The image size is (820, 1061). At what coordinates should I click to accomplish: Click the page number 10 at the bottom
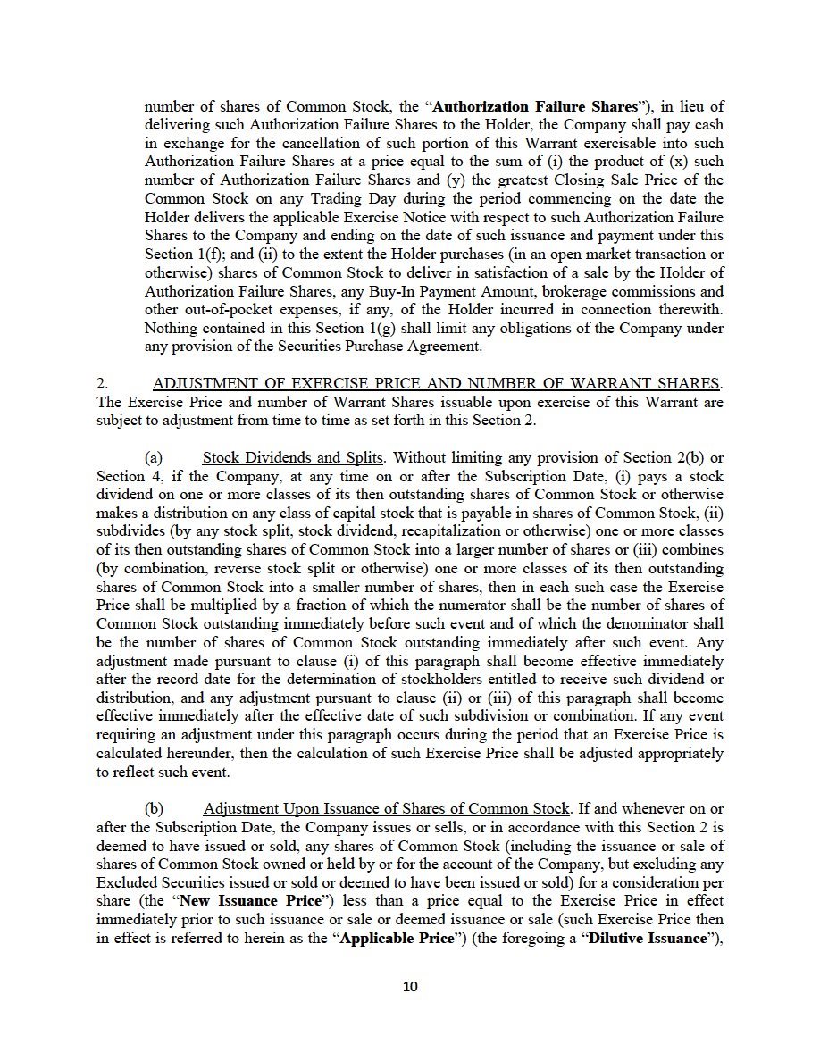point(410,987)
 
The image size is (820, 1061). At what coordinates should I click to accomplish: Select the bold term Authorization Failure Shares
point(534,106)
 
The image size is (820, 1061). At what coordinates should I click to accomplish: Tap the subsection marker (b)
point(154,808)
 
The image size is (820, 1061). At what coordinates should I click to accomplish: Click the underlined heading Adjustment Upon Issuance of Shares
point(386,808)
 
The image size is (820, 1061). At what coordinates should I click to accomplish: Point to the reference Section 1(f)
point(175,255)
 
